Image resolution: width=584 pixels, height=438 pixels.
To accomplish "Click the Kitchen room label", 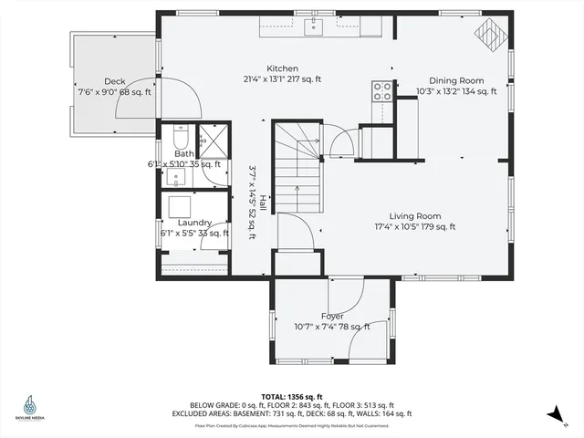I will coord(282,68).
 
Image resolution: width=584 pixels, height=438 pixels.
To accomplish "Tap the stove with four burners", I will coord(381,90).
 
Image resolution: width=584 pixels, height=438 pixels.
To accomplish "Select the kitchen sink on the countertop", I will coord(314,25).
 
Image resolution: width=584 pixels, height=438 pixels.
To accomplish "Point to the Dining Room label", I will coord(456,79).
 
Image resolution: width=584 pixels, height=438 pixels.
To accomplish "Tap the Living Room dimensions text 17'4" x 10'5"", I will coord(415,227).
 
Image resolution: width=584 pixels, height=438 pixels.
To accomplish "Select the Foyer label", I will coord(332,316).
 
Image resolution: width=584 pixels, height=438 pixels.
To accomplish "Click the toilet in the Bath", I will coord(179,140).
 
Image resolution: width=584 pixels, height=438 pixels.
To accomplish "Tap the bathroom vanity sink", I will coord(177,173).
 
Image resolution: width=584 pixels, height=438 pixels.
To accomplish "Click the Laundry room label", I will coord(194,223).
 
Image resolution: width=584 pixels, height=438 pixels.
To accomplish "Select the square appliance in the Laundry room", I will coord(177,204).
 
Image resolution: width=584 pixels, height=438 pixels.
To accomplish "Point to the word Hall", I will coord(262,203).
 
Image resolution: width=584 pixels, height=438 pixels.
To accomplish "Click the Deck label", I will coord(114,81).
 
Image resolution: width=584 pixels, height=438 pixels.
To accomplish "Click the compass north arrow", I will coord(554,415).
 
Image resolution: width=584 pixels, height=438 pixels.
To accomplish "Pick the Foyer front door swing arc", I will coord(347,294).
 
